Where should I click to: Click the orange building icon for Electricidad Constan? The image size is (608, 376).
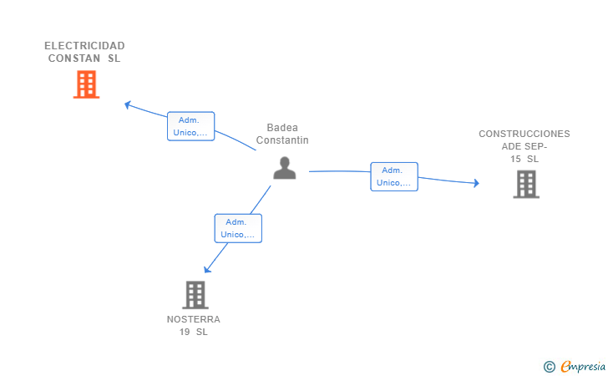[x=87, y=84]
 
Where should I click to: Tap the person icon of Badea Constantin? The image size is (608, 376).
[x=285, y=168]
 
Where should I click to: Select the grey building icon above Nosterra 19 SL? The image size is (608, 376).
[x=195, y=295]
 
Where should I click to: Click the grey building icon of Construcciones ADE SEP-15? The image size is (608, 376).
[x=526, y=185]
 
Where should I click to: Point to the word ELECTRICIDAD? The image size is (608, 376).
[x=84, y=46]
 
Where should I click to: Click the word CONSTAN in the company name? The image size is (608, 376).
[x=74, y=58]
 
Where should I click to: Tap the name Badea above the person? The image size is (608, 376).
[x=282, y=127]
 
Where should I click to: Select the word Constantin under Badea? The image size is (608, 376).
[x=282, y=140]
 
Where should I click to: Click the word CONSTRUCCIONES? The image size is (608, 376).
[x=524, y=134]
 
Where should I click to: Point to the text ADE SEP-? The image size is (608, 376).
[x=524, y=146]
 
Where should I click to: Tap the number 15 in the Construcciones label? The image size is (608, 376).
[x=515, y=159]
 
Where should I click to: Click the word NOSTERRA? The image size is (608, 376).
[x=194, y=319]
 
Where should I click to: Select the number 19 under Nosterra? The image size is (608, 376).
[x=185, y=332]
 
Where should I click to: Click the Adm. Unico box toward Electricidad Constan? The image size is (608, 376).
[x=190, y=126]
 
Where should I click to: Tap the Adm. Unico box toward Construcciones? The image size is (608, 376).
[x=394, y=176]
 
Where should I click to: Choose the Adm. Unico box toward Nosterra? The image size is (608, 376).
[x=238, y=228]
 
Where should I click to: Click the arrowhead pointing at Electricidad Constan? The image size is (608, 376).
[x=128, y=104]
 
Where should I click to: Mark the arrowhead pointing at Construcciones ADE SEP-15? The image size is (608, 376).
[x=477, y=183]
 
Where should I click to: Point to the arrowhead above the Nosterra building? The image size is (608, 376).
[x=207, y=269]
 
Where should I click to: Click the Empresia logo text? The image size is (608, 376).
[x=583, y=366]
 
